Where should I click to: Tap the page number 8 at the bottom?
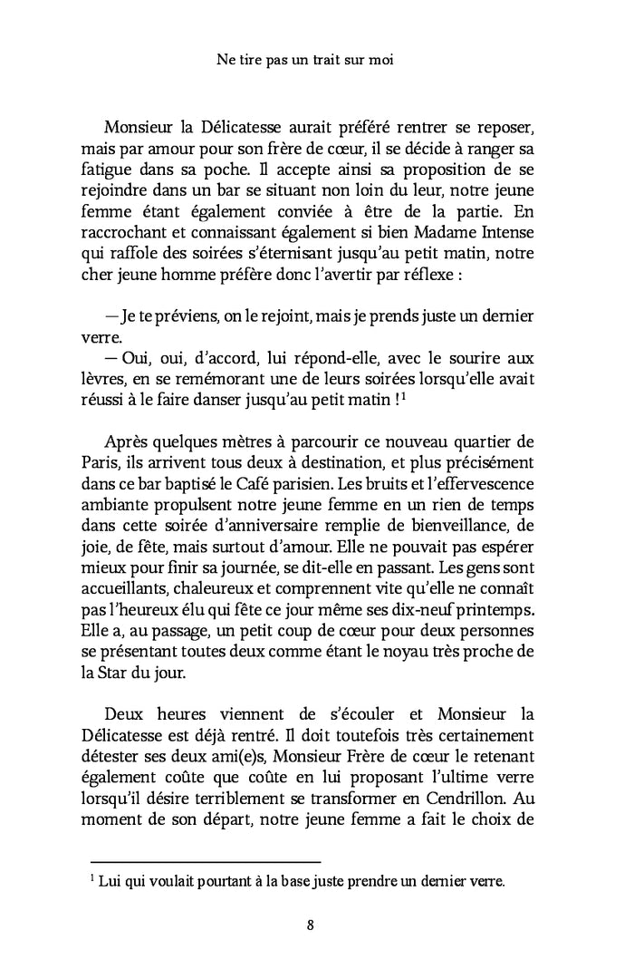point(311,925)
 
